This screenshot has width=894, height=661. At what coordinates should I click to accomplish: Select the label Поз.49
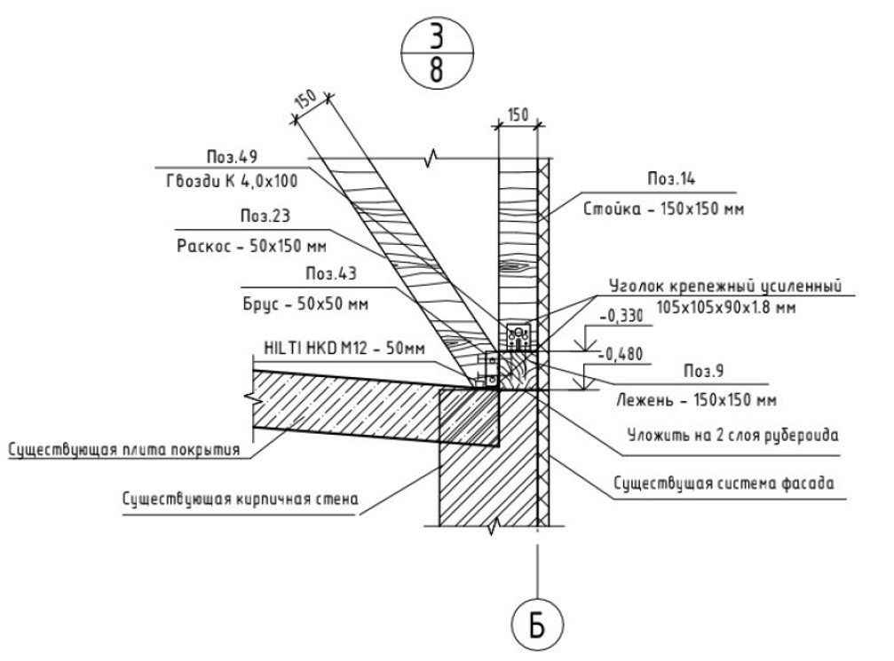tap(232, 157)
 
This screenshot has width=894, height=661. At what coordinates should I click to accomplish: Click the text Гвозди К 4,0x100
tap(232, 181)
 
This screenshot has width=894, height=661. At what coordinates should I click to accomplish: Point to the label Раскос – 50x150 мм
tap(251, 246)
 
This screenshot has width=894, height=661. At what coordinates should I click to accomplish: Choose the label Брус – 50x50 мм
tap(305, 303)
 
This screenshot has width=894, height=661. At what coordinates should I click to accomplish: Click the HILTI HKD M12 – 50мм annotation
tap(344, 348)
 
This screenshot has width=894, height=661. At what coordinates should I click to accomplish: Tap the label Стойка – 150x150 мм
tap(663, 209)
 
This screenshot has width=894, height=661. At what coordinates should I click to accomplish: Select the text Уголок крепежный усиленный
tap(725, 286)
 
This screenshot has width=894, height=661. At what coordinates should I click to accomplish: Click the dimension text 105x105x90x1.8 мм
tap(726, 308)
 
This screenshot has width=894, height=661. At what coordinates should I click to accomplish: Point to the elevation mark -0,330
tap(621, 316)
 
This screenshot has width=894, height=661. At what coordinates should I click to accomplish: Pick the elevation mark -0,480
tap(621, 354)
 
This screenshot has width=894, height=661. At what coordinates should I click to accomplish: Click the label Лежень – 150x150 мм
tap(696, 400)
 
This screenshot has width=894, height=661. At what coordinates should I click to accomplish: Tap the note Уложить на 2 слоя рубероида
tap(733, 436)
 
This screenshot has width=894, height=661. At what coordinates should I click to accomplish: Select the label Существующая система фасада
tap(724, 484)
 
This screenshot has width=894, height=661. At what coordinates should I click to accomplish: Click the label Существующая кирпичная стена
tap(240, 500)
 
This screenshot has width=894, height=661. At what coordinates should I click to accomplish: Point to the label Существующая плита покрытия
tap(124, 450)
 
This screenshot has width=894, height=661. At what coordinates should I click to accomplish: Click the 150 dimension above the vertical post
tap(518, 115)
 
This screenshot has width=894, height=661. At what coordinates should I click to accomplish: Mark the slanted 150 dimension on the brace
tap(305, 99)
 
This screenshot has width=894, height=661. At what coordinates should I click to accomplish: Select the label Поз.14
tap(671, 179)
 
